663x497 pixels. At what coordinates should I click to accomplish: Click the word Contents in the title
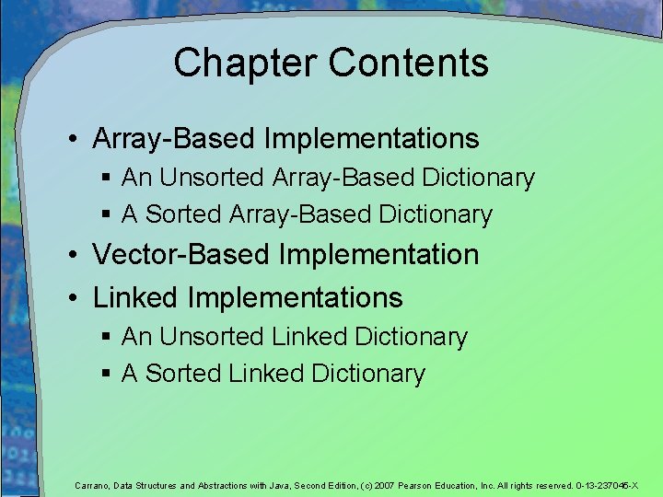tap(408, 64)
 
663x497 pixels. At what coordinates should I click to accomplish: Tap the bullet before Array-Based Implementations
tap(71, 140)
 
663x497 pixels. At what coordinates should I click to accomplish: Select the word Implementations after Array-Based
tap(371, 139)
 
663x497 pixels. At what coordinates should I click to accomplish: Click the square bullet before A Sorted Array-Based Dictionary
tap(107, 214)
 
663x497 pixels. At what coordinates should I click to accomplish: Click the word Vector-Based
tap(174, 254)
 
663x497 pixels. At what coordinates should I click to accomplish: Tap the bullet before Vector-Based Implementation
tap(71, 255)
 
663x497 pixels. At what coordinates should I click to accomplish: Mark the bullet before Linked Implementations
tap(71, 298)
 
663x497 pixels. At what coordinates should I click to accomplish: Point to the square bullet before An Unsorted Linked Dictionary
tap(107, 338)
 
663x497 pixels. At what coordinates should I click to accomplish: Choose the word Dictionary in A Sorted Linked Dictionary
tap(368, 374)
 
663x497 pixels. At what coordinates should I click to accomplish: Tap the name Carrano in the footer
tap(91, 485)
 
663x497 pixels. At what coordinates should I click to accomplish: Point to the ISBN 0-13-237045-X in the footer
tap(607, 485)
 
